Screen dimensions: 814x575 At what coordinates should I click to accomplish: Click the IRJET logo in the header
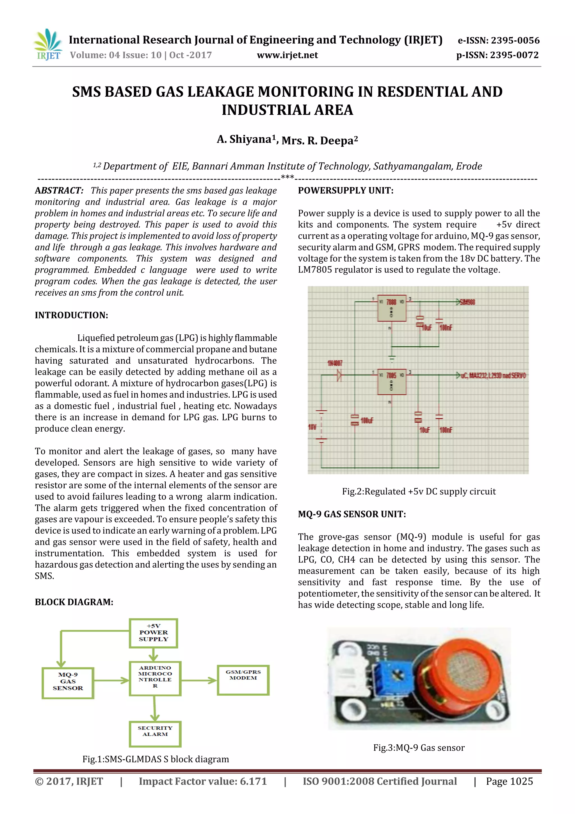[x=47, y=45]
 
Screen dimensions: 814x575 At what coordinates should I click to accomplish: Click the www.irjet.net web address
[x=287, y=55]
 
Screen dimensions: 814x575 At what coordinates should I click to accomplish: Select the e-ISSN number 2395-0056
[x=498, y=40]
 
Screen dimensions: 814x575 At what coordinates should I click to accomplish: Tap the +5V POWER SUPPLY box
[x=153, y=633]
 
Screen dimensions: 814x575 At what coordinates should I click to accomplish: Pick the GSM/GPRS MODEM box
[x=243, y=679]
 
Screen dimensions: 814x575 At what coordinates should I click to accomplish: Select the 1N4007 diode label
[x=334, y=363]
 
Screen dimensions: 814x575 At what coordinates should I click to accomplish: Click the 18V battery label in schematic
[x=312, y=427]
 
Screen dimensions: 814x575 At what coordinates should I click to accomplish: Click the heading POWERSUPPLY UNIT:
[x=345, y=191]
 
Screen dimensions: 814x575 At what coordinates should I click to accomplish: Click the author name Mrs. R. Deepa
[x=320, y=141]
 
